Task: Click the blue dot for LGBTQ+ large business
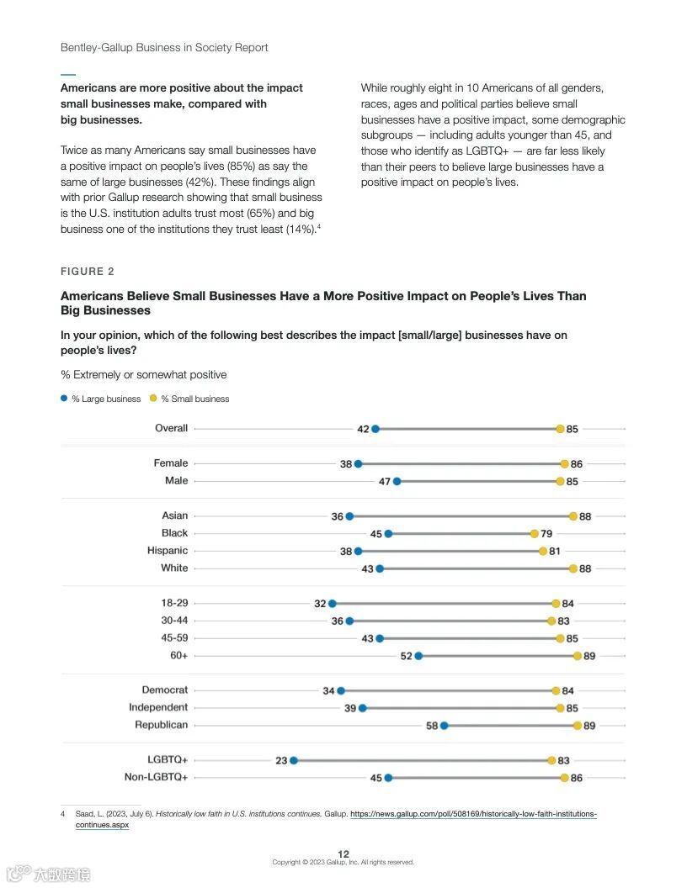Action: click(x=294, y=760)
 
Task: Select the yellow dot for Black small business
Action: click(x=535, y=533)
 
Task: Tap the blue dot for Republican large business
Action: click(x=445, y=725)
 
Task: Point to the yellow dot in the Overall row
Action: click(x=560, y=429)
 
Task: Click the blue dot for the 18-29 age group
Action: click(x=333, y=603)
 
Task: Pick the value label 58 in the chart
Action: click(x=432, y=726)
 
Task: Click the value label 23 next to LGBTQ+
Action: click(x=281, y=761)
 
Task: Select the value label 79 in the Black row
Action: click(x=546, y=534)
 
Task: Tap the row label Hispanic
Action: click(x=168, y=551)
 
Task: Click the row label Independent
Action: click(x=158, y=707)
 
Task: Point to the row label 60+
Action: click(x=178, y=655)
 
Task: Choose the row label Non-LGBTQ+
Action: click(x=156, y=777)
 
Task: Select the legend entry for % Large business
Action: click(x=105, y=399)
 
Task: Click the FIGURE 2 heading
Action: click(x=88, y=271)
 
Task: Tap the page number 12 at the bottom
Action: click(x=343, y=854)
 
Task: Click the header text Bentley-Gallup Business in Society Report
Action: click(x=164, y=47)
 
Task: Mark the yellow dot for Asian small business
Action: click(x=573, y=516)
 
